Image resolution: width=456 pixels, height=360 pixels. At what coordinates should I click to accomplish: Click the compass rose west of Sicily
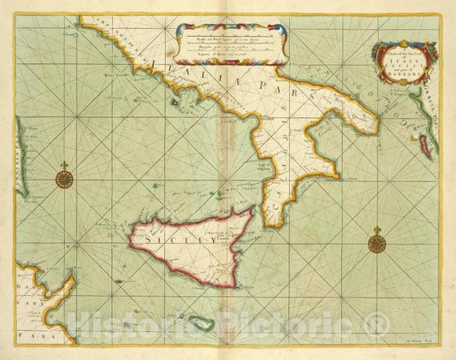[x=63, y=179]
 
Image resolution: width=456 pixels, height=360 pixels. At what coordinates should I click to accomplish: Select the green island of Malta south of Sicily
[x=200, y=324]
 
